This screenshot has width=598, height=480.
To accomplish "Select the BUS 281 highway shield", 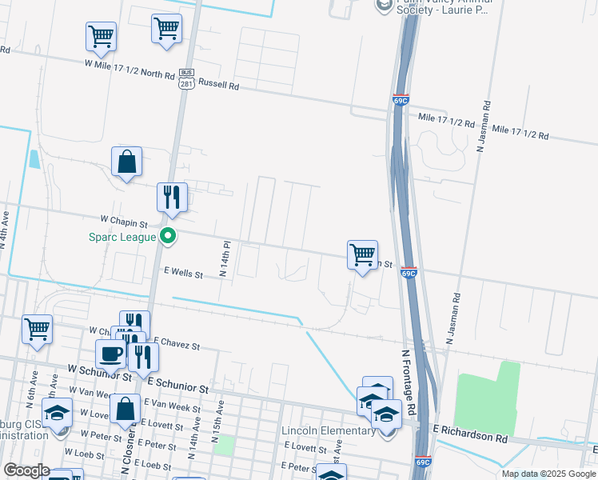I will (186, 80).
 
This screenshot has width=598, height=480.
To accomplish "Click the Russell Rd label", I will (218, 83).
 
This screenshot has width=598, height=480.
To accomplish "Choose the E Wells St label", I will (183, 274).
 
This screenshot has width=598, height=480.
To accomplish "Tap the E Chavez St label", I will (175, 344).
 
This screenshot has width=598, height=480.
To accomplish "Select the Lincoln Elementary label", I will (328, 431).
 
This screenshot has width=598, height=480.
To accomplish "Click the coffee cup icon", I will (110, 353).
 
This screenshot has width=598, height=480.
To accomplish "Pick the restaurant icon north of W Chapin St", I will (172, 196).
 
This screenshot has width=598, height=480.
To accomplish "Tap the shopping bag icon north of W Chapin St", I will (126, 162).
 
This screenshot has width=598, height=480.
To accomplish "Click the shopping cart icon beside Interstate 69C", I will (362, 254).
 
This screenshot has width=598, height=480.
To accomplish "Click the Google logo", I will (26, 470).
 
